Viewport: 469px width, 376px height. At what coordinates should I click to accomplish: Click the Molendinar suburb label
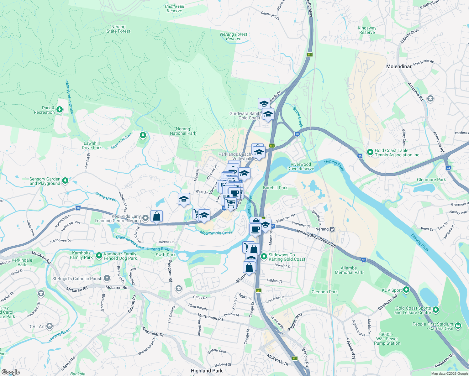coord(399,66)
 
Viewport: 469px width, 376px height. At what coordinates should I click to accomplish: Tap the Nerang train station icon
coord(332,229)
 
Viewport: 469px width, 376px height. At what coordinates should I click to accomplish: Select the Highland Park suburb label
coord(207,371)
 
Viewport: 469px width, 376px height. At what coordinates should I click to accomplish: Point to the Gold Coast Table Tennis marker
coord(370,152)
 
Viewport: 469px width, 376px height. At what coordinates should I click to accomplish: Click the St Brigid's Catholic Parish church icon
coord(107,278)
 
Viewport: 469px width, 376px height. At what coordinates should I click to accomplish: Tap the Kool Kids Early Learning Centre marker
coord(145,218)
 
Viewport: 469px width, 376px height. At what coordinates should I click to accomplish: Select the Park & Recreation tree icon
coord(60,110)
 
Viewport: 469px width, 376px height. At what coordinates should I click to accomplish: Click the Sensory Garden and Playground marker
coord(65,180)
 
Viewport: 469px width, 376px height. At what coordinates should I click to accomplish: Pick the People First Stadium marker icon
coord(458,326)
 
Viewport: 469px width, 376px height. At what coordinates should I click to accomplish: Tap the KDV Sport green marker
coord(406,290)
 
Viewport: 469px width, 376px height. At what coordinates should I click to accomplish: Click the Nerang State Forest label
coord(118,29)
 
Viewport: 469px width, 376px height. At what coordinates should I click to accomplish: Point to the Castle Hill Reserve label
coord(175,8)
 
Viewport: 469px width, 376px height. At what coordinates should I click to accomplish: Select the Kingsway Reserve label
coord(367,30)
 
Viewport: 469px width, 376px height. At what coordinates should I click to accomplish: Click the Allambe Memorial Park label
coord(349,270)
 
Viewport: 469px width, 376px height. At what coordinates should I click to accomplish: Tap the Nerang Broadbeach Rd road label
coord(316,238)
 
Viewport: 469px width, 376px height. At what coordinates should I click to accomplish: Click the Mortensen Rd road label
coord(210,317)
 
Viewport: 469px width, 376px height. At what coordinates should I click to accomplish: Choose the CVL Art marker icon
coord(50,326)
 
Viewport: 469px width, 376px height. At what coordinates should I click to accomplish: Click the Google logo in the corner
coord(10,372)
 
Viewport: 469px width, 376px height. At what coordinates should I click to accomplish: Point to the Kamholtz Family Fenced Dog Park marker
coord(99,256)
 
